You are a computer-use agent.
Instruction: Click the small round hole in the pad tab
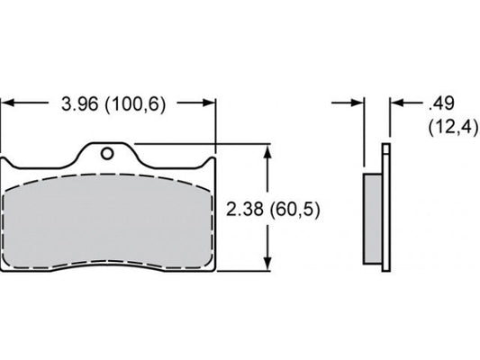(107, 153)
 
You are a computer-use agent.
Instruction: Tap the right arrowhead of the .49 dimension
(395, 103)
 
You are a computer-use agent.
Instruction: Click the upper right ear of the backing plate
(211, 166)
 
